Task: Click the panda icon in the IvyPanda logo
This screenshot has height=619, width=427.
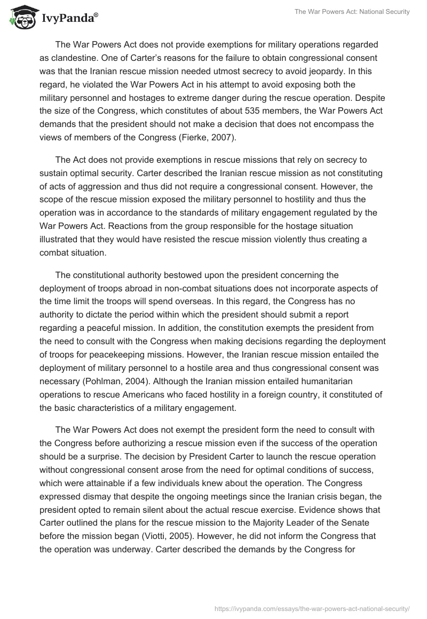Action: [21, 20]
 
